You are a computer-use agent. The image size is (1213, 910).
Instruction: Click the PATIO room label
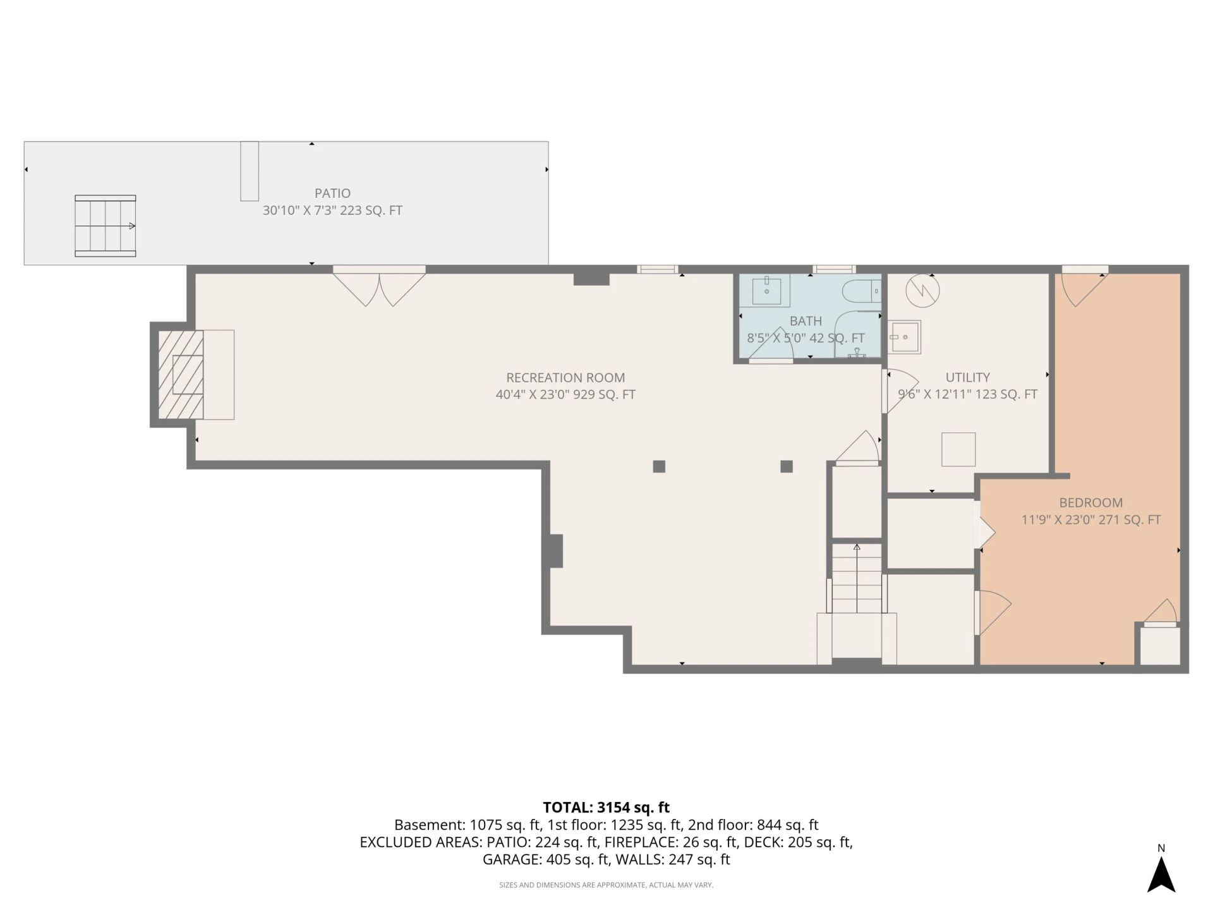pyautogui.click(x=332, y=193)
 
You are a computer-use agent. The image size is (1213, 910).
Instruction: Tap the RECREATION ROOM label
pyautogui.click(x=565, y=378)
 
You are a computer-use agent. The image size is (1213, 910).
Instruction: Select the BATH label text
pyautogui.click(x=806, y=321)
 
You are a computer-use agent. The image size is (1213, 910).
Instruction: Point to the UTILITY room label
pyautogui.click(x=967, y=378)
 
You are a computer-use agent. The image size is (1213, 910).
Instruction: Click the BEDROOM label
pyautogui.click(x=1090, y=503)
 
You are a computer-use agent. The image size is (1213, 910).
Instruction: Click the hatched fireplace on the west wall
pyautogui.click(x=181, y=375)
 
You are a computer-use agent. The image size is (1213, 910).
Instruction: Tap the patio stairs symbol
pyautogui.click(x=106, y=226)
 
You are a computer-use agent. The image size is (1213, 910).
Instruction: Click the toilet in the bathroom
pyautogui.click(x=862, y=291)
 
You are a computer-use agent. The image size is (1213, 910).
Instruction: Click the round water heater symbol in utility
pyautogui.click(x=922, y=291)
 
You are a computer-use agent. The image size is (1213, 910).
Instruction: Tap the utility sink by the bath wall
pyautogui.click(x=905, y=337)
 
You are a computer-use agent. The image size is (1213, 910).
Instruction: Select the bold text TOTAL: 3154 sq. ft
pyautogui.click(x=606, y=808)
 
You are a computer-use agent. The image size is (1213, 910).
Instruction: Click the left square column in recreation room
pyautogui.click(x=659, y=466)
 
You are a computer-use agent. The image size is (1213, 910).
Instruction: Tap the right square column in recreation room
pyautogui.click(x=787, y=466)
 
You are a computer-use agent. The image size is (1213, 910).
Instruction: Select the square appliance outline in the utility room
pyautogui.click(x=958, y=449)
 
